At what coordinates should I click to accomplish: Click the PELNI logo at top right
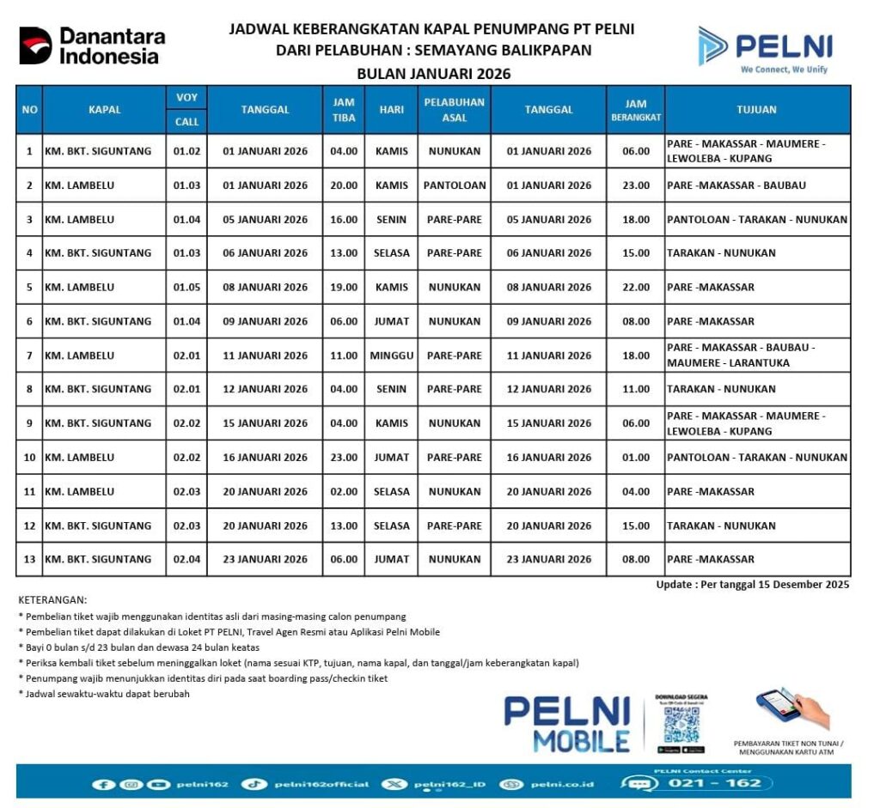click(x=764, y=48)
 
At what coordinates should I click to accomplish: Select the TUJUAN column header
click(x=756, y=110)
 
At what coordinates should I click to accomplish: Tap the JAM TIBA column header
click(x=344, y=110)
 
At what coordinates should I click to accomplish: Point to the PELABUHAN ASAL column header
click(x=454, y=110)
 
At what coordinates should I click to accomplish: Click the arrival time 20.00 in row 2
click(x=344, y=185)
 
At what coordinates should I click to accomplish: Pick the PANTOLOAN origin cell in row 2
click(x=454, y=185)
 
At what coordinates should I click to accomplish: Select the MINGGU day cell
click(x=392, y=355)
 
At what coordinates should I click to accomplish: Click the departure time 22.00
click(x=636, y=288)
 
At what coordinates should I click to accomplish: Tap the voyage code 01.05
click(x=186, y=288)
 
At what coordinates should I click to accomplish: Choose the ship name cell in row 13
click(x=98, y=560)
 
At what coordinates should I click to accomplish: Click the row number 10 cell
click(x=29, y=458)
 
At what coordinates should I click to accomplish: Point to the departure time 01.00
click(x=636, y=458)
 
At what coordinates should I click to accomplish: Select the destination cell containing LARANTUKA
click(x=756, y=355)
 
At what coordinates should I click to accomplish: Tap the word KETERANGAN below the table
click(x=52, y=600)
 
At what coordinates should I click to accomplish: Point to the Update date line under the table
click(x=752, y=585)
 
